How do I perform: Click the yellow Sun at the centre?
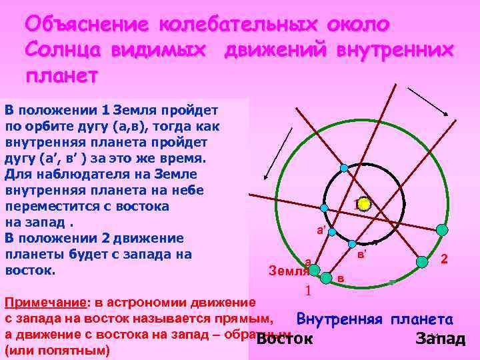click(363, 204)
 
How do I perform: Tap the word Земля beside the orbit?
click(288, 271)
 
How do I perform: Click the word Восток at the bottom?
click(285, 339)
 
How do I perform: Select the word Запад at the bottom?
click(440, 339)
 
